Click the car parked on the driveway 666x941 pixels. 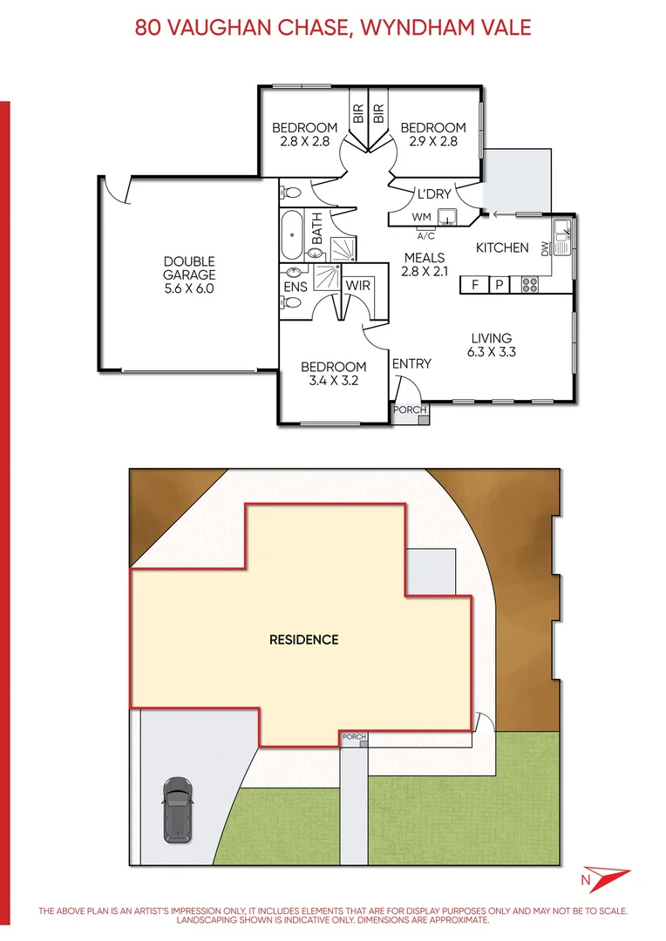pos(178,809)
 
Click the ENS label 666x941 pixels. pos(296,286)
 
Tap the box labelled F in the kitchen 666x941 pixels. pos(475,284)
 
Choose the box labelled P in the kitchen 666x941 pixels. pos(499,284)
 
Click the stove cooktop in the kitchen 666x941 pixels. pos(529,284)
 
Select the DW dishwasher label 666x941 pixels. pos(545,248)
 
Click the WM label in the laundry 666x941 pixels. pos(421,216)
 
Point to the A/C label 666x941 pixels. pos(426,235)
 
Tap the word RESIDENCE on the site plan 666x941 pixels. pos(303,640)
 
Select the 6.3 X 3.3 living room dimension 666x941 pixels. pos(492,353)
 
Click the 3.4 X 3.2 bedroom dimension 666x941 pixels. pos(333,381)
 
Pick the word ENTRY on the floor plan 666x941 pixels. pos(411,363)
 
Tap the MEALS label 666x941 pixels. pos(424,258)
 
